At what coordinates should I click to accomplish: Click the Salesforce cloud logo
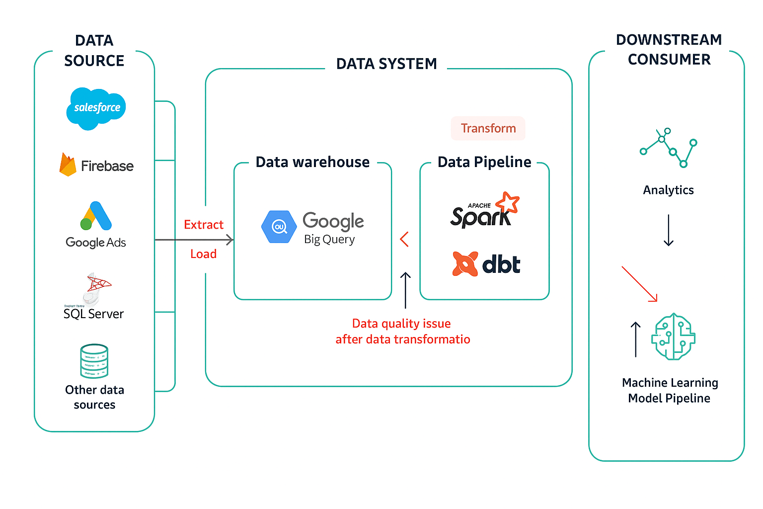96,108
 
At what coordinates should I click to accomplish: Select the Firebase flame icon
68,165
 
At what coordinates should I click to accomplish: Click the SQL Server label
93,314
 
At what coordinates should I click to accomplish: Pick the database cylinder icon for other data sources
94,361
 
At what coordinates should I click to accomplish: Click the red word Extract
204,225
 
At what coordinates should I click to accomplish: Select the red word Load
204,254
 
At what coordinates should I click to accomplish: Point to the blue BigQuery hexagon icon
279,227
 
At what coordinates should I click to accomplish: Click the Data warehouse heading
312,162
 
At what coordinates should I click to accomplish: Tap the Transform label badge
488,128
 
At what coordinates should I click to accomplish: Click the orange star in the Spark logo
508,202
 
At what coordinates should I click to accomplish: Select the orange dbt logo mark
465,263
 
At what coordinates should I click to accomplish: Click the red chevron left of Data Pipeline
404,239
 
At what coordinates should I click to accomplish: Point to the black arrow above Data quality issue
405,290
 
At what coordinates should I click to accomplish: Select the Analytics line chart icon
668,148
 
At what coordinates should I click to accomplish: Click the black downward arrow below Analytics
669,230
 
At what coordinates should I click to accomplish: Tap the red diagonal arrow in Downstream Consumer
640,284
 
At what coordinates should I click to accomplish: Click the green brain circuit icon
673,337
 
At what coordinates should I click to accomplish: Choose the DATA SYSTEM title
386,64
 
